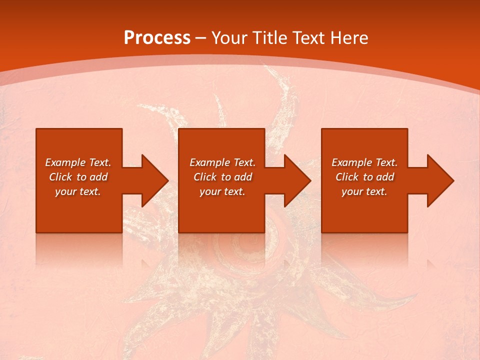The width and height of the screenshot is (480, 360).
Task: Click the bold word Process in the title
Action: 157,38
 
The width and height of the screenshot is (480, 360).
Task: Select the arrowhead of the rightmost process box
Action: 439,180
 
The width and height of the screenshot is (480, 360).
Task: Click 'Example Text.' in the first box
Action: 78,162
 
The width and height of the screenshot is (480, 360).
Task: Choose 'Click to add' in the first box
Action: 78,177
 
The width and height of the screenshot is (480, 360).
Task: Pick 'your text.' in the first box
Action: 78,191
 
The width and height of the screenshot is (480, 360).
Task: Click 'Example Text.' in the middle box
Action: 222,162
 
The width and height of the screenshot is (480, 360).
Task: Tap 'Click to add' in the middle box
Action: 222,177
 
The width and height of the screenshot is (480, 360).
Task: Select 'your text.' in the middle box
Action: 222,191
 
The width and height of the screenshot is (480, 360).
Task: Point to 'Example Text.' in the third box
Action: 364,162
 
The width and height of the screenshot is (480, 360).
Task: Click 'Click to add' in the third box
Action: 364,177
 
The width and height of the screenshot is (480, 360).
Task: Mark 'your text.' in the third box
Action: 364,191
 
